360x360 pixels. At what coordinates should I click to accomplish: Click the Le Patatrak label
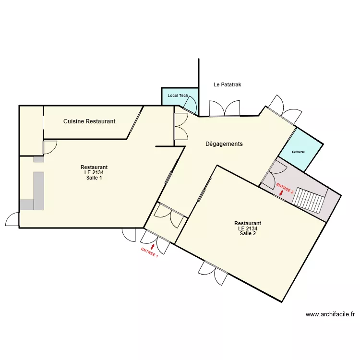click(x=227, y=84)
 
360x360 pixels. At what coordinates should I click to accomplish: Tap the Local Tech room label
click(x=177, y=96)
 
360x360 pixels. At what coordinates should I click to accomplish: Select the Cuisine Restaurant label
click(x=89, y=121)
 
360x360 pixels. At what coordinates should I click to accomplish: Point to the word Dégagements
click(x=224, y=144)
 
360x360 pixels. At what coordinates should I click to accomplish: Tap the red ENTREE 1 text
click(x=149, y=252)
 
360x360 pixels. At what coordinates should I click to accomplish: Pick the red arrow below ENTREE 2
click(x=281, y=194)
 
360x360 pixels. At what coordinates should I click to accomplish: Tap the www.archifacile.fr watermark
click(x=330, y=315)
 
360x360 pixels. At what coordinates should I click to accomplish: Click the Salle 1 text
click(x=94, y=178)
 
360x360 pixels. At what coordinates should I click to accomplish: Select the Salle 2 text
click(x=248, y=234)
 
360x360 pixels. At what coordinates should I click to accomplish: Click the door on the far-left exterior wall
click(x=12, y=220)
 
